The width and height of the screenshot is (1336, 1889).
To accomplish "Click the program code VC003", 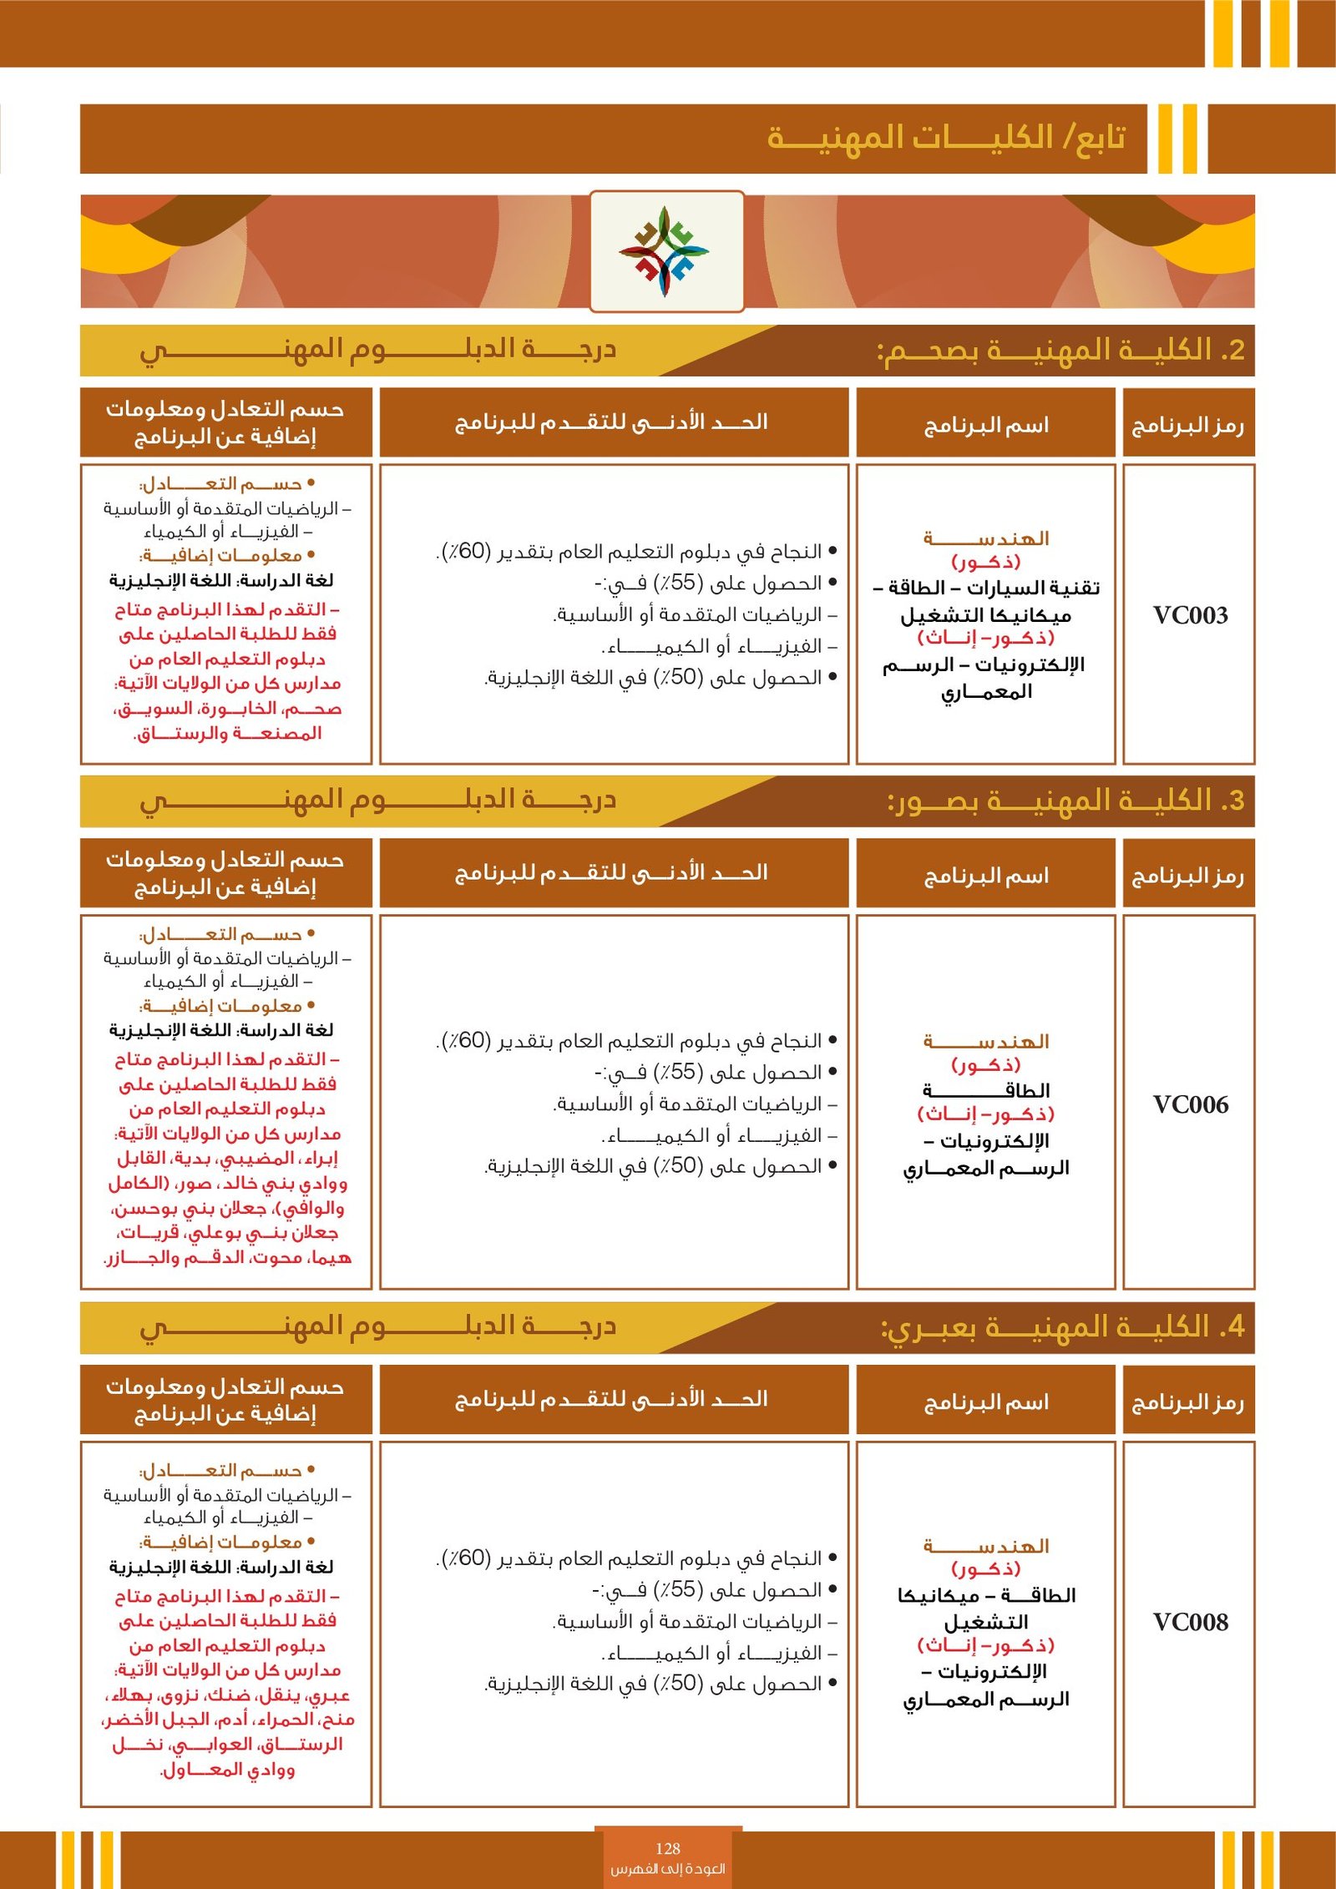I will (x=1190, y=615).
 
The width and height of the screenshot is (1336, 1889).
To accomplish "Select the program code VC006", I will (x=1190, y=1104).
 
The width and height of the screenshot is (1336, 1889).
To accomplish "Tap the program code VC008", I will (x=1190, y=1622).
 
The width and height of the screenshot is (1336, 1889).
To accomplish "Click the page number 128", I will (x=668, y=1848).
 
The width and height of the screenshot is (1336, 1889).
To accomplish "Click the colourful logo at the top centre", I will (x=665, y=251).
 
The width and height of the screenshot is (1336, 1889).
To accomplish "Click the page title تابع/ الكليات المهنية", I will (x=946, y=138).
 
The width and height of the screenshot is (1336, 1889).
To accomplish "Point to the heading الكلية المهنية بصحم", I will (x=1060, y=351).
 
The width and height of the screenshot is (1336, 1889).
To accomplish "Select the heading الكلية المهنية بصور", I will (x=1065, y=801).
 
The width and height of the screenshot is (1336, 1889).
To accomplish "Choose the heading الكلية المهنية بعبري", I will (x=1062, y=1326).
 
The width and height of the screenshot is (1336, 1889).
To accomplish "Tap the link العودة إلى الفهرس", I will (x=668, y=1868).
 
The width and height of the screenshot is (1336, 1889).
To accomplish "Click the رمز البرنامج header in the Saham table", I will (x=1187, y=426).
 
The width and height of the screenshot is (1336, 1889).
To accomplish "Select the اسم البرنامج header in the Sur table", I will (x=985, y=876).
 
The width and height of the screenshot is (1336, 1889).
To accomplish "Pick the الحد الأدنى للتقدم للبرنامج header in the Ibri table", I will (x=611, y=1399).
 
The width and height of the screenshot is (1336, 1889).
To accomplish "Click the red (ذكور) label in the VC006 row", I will (x=985, y=1065).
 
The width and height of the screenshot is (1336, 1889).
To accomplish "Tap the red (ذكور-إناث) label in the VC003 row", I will (x=985, y=639).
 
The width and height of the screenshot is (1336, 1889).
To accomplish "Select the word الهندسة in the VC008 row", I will (x=985, y=1547).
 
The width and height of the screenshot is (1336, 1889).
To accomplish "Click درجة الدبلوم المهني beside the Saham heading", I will (x=377, y=349).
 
